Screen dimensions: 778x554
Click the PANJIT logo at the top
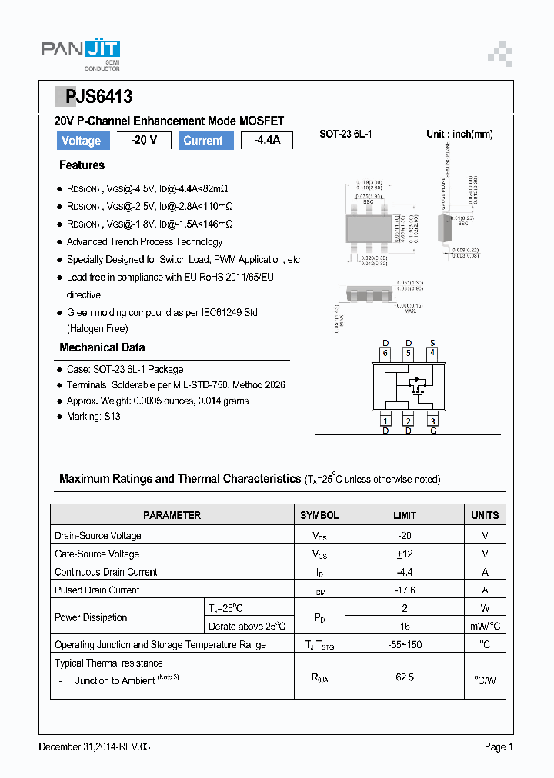(x=80, y=52)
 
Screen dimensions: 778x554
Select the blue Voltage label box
(x=81, y=141)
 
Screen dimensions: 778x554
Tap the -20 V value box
(x=144, y=141)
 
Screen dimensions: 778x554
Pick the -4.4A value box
(x=267, y=141)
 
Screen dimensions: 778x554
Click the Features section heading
(x=82, y=165)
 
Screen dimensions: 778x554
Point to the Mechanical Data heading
(x=102, y=347)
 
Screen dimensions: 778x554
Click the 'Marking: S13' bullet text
(x=93, y=417)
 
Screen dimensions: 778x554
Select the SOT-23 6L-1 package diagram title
(x=345, y=135)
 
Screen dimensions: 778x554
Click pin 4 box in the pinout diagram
(x=432, y=354)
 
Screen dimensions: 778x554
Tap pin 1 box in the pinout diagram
(x=385, y=421)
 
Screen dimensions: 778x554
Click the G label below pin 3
(x=432, y=431)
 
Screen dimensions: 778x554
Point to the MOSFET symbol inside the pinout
(x=418, y=384)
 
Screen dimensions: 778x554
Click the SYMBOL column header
(x=319, y=515)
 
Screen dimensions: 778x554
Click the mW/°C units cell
(x=485, y=627)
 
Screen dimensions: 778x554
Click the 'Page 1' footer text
(x=498, y=746)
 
